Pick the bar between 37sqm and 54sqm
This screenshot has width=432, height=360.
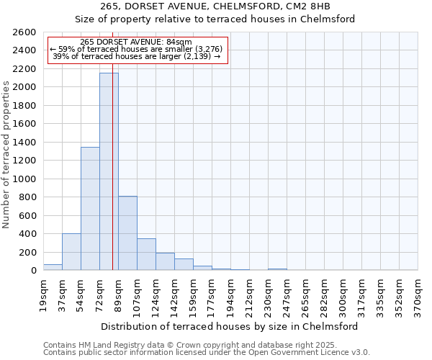(71, 252)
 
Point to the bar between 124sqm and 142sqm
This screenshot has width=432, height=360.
(165, 261)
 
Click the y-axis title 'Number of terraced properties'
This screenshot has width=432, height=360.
(7, 155)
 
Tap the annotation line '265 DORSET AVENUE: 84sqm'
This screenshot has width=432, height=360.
(136, 42)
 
